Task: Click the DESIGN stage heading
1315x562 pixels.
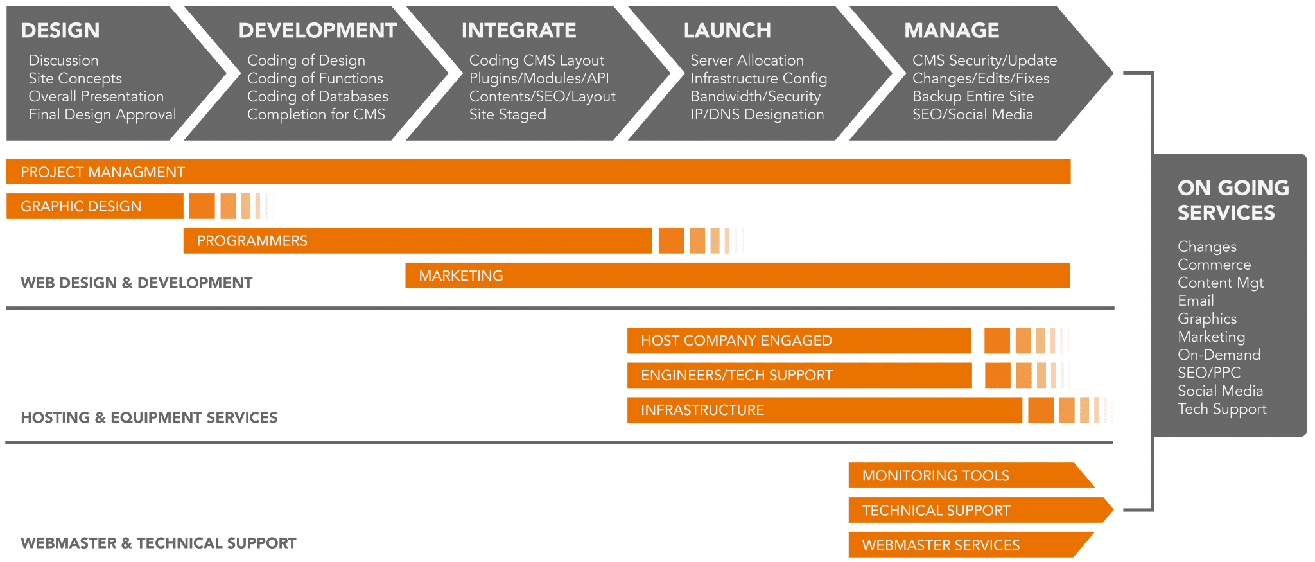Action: pyautogui.click(x=60, y=31)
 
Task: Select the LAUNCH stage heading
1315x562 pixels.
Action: pyautogui.click(x=727, y=31)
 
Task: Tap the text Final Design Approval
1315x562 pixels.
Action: pyautogui.click(x=102, y=114)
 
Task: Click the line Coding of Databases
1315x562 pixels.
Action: pyautogui.click(x=318, y=96)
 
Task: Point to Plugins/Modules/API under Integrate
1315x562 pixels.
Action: pyautogui.click(x=539, y=78)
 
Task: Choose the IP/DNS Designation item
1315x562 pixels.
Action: pyautogui.click(x=757, y=114)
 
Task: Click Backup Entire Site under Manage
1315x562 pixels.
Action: pyautogui.click(x=973, y=96)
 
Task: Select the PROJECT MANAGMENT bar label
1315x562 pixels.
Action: pyautogui.click(x=103, y=172)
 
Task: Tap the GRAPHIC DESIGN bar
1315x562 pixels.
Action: pyautogui.click(x=81, y=206)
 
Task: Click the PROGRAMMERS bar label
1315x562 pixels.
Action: pyautogui.click(x=252, y=241)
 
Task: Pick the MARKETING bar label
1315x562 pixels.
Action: pyautogui.click(x=460, y=276)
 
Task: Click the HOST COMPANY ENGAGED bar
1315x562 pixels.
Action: pyautogui.click(x=736, y=340)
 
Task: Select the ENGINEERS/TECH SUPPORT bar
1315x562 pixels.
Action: pyautogui.click(x=736, y=375)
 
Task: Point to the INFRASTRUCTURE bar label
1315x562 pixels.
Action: pyautogui.click(x=702, y=410)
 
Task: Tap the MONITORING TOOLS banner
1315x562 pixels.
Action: pyautogui.click(x=936, y=476)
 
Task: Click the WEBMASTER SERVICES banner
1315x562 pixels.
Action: pyautogui.click(x=941, y=545)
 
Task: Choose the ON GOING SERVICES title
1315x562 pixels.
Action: pyautogui.click(x=1233, y=200)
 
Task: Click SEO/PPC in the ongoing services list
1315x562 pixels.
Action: pyautogui.click(x=1209, y=373)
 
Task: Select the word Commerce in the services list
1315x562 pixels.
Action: pyautogui.click(x=1214, y=265)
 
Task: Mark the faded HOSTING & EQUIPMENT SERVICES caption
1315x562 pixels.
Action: pyautogui.click(x=149, y=417)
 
